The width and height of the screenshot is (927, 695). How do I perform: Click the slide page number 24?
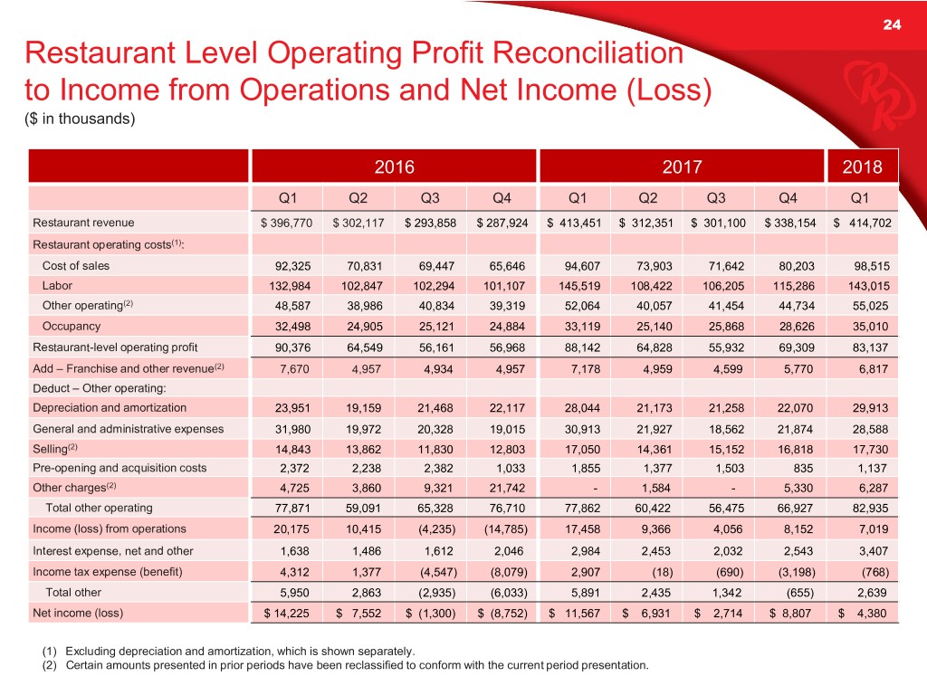(891, 24)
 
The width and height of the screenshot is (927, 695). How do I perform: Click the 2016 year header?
(394, 167)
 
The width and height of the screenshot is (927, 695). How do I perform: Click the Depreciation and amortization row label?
(110, 407)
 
